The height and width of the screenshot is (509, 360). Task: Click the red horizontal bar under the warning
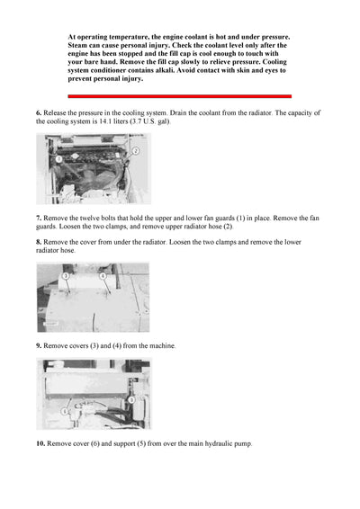(179, 96)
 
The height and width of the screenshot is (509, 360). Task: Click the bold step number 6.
(39, 112)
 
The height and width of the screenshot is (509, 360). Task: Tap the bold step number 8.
(39, 242)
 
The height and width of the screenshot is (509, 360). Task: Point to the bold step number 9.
(39, 345)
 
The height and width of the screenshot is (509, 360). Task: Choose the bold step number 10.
(40, 443)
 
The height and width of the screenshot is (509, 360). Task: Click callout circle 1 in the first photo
(58, 158)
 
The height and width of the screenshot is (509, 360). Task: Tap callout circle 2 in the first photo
(135, 151)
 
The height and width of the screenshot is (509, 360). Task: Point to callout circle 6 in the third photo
(64, 410)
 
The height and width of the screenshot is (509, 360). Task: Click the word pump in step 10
(243, 443)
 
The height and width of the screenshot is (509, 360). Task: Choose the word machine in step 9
(161, 345)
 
